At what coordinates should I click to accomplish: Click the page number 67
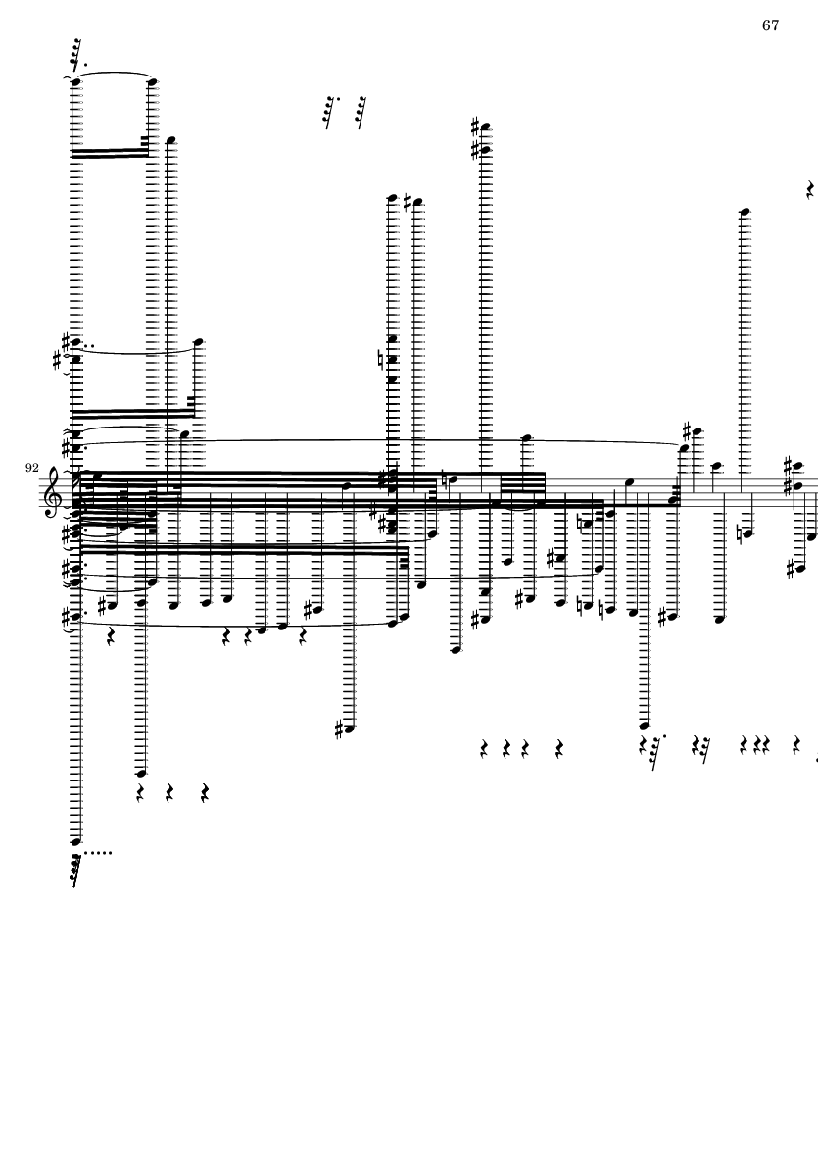point(770,25)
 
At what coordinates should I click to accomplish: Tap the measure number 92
point(31,468)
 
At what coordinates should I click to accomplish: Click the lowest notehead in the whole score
point(75,841)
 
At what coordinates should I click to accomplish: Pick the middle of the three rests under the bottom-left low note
point(169,794)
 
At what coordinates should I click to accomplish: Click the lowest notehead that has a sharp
point(349,729)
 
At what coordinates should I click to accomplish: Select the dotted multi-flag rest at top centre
point(332,112)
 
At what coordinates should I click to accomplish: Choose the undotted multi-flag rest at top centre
point(361,112)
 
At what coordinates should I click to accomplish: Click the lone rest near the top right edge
point(810,190)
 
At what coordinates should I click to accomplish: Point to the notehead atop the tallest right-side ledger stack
point(745,213)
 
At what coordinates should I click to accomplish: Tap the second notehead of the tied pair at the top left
point(153,82)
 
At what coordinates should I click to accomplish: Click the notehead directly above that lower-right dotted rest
point(644,726)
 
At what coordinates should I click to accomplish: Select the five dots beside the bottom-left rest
point(98,854)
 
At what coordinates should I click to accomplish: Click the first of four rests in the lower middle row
point(485,749)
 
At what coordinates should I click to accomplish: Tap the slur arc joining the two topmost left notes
point(115,74)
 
